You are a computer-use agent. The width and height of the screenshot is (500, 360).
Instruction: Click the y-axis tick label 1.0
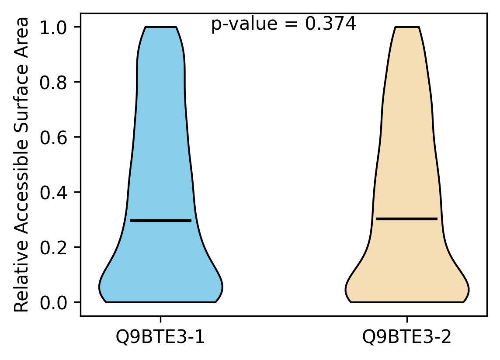53,28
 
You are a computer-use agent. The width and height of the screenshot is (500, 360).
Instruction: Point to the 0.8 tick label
53,83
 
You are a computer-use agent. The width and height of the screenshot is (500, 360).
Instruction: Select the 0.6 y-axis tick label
53,138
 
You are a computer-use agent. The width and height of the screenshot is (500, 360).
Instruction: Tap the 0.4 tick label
53,193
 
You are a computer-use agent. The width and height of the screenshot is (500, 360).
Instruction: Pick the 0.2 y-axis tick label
53,247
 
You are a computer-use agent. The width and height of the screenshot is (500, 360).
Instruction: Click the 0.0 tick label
53,303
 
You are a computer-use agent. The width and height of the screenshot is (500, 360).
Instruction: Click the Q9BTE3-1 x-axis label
160,337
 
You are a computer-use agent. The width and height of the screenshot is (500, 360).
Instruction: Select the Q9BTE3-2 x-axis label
407,337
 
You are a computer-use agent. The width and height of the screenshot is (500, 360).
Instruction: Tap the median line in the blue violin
161,221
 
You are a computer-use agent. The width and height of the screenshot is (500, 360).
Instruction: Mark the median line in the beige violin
407,219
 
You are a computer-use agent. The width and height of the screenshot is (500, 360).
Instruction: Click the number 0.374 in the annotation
330,24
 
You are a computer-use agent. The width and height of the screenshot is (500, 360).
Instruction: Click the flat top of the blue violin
161,27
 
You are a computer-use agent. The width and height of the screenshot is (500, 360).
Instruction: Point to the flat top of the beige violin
407,27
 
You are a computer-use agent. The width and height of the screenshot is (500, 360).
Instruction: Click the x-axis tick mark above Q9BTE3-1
160,319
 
